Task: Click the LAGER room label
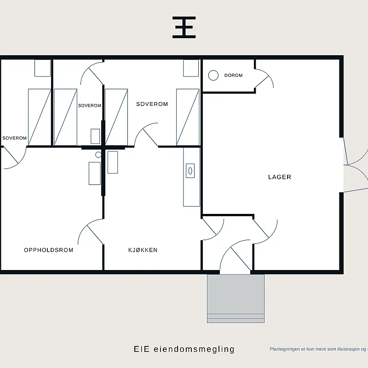(x=280, y=177)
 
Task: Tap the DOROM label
(x=233, y=75)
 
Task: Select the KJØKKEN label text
(x=143, y=250)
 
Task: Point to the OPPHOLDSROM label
(x=49, y=250)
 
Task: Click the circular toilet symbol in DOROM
(x=213, y=75)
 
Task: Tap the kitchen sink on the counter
(x=190, y=171)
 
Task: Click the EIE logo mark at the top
(x=184, y=27)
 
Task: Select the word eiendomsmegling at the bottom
(x=194, y=349)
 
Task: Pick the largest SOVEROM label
(x=152, y=104)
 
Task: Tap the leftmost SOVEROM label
(x=14, y=138)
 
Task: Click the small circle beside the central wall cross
(x=98, y=155)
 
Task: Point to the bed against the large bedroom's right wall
(x=188, y=117)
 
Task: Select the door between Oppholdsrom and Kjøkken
(x=91, y=232)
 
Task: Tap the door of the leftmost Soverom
(x=15, y=158)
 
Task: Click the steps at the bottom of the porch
(x=236, y=318)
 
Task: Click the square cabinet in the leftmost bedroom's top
(x=42, y=68)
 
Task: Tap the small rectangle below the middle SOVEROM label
(x=95, y=136)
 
